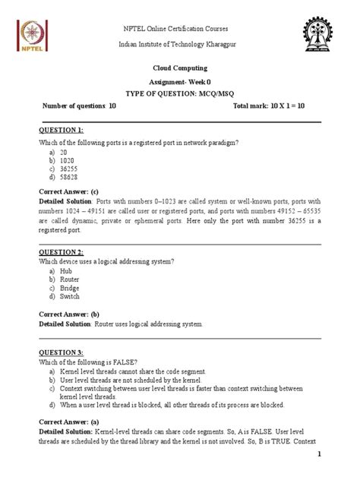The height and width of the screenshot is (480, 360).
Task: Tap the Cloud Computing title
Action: coord(180,68)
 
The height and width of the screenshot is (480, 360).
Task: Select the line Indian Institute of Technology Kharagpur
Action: coord(180,46)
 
